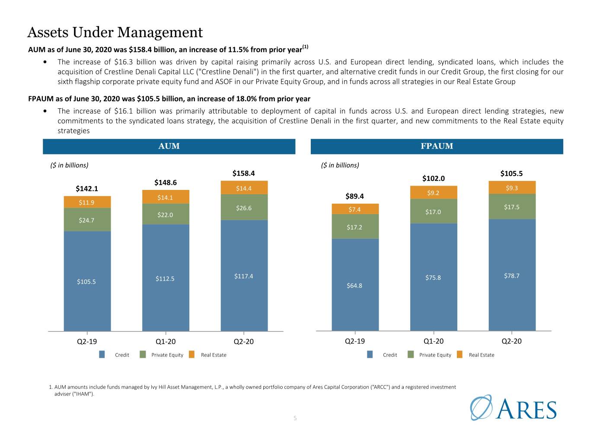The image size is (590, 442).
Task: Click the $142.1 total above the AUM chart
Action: [x=87, y=189]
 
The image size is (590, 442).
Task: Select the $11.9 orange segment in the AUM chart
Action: [x=87, y=202]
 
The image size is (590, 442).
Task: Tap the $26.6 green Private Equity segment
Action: [x=244, y=207]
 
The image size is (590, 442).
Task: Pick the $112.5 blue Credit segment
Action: [x=166, y=278]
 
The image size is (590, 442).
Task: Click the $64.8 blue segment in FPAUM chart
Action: [x=355, y=285]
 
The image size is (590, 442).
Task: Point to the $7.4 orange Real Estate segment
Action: [x=355, y=209]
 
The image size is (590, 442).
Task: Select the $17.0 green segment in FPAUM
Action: [x=434, y=211]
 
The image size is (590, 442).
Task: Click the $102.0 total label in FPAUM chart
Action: [x=433, y=178]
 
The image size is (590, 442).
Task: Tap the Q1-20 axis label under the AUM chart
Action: [x=166, y=341]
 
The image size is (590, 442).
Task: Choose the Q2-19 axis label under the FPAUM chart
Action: [x=355, y=341]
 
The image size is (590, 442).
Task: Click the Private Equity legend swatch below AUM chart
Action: [x=143, y=354]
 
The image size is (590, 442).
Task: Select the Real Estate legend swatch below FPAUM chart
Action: [x=459, y=354]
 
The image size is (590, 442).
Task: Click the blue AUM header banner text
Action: [x=169, y=146]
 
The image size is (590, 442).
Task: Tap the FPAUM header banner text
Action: [x=437, y=146]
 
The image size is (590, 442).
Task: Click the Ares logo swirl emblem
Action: [x=481, y=407]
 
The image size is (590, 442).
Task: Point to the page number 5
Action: [x=295, y=418]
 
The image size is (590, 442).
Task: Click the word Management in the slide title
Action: [x=160, y=32]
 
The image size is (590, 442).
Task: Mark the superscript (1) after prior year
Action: [x=305, y=47]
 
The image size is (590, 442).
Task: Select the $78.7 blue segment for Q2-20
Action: [x=512, y=275]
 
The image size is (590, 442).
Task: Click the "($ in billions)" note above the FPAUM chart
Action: [x=340, y=165]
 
